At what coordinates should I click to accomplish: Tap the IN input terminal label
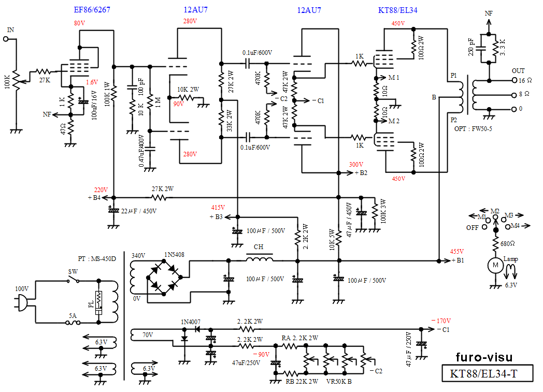(x=10, y=30)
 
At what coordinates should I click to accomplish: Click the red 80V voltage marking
(x=80, y=23)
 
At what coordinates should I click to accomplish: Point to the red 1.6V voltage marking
(x=92, y=82)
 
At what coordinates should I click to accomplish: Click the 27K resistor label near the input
(x=44, y=80)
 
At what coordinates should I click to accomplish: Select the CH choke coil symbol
(x=259, y=258)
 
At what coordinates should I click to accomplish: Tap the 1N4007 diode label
(x=191, y=322)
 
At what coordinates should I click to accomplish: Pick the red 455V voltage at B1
(x=456, y=251)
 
